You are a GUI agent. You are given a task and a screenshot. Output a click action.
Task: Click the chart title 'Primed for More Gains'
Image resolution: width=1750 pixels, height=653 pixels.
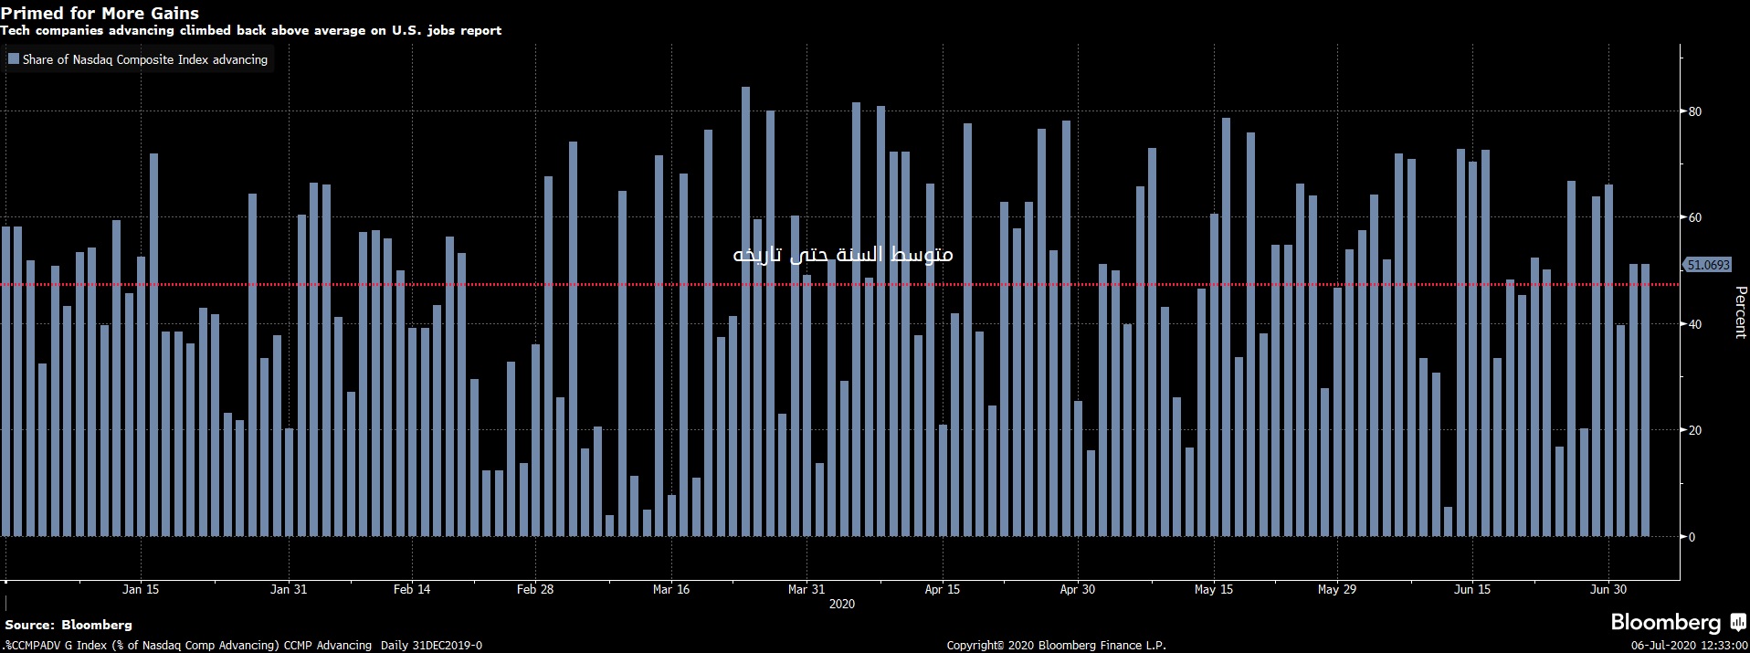coord(100,13)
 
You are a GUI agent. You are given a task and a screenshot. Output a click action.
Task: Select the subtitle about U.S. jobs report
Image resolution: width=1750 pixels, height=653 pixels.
coord(250,30)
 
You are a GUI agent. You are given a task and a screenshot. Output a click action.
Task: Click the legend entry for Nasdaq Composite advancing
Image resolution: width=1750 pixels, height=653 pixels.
coord(138,59)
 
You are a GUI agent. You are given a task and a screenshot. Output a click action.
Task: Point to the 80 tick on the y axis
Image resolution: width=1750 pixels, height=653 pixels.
coord(1695,111)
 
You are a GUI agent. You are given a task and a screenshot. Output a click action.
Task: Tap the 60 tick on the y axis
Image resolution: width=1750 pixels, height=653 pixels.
coord(1695,217)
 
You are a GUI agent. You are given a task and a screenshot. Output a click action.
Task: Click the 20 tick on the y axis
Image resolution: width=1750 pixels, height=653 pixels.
coord(1695,430)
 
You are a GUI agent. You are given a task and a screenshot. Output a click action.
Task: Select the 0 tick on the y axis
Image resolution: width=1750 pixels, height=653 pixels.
coord(1692,537)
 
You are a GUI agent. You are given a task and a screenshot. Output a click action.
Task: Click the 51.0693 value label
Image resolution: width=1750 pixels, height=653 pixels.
coord(1707,265)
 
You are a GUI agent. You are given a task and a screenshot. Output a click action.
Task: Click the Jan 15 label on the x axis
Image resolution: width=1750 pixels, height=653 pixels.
coord(141,589)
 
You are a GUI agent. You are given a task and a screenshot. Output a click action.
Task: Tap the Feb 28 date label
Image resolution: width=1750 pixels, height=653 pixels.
coord(535,589)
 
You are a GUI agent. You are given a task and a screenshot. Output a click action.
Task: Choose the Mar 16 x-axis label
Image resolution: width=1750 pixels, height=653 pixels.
coord(671,589)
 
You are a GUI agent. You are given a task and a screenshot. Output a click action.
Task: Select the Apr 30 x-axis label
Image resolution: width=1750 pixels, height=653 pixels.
coord(1077,589)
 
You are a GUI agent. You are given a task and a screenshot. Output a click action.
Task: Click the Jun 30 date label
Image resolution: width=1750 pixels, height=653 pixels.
coord(1608,589)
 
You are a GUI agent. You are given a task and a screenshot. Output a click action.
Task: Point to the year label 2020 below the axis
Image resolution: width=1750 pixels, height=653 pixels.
coord(841,604)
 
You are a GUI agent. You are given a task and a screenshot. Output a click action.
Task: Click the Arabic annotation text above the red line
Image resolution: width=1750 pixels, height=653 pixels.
coord(843,254)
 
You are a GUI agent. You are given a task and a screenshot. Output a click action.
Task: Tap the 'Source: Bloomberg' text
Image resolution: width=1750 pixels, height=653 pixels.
coord(69,625)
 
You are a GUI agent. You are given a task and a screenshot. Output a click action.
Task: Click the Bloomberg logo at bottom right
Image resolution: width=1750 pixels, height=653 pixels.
coord(1677,623)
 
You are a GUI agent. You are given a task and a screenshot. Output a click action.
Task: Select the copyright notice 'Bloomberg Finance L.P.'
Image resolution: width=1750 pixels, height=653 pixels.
coord(1056,645)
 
